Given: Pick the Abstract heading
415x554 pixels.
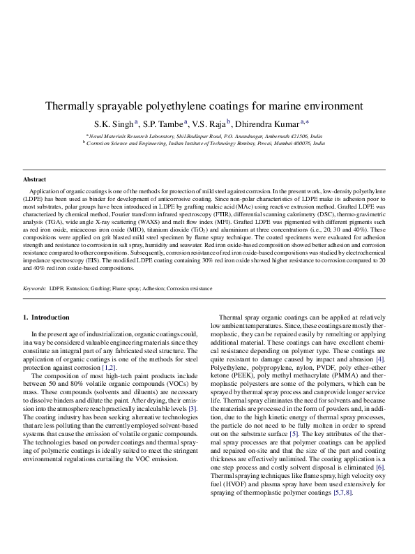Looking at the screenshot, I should pyautogui.click(x=35, y=179).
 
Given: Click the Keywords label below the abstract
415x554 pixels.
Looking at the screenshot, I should pyautogui.click(x=35, y=288).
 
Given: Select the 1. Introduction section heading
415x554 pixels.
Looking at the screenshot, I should pyautogui.click(x=46, y=317).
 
